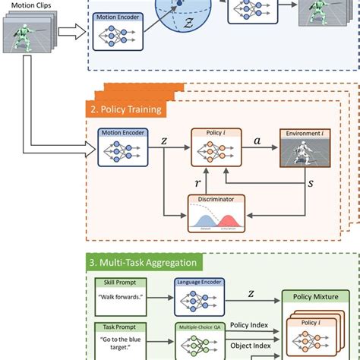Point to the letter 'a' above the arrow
click(256, 140)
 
